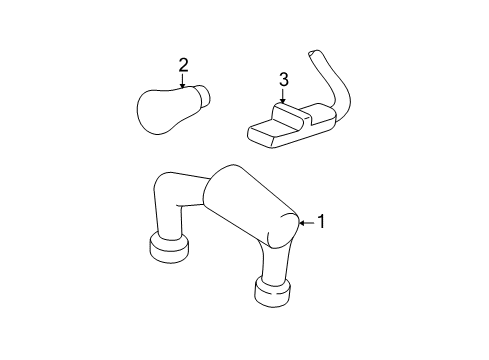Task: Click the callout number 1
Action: pos(321,222)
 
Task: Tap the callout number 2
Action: pos(183,65)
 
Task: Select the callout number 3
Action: pos(284,80)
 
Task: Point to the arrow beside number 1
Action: pos(307,223)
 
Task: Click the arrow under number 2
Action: pos(182,81)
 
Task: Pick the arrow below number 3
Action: pos(283,95)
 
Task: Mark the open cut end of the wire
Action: pos(314,53)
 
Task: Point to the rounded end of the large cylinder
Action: pos(284,231)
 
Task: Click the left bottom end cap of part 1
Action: pos(169,248)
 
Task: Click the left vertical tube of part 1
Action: pos(169,220)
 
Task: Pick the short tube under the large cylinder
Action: pos(274,263)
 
